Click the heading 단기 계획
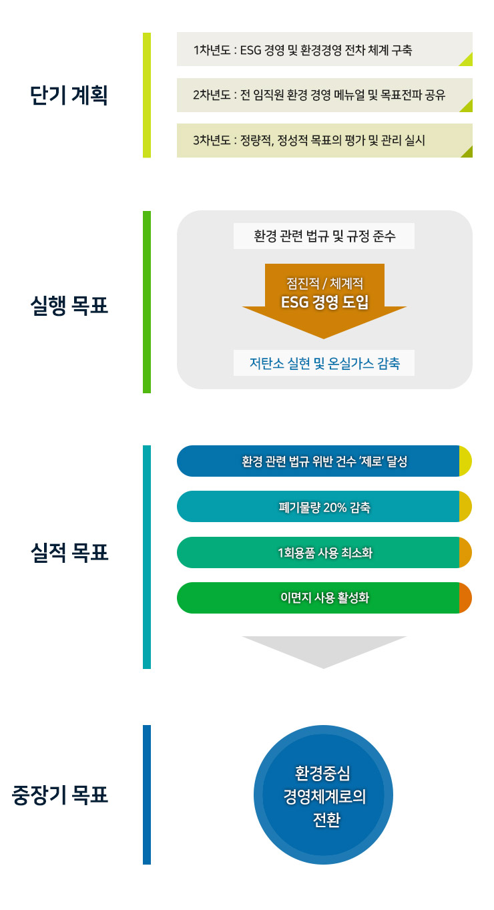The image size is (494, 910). (x=69, y=95)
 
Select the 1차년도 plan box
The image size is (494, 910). (x=324, y=49)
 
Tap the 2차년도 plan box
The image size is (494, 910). (x=324, y=95)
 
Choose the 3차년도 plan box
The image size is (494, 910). (x=324, y=141)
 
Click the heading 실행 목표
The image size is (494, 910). (x=69, y=306)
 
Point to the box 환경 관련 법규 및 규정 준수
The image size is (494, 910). (x=324, y=236)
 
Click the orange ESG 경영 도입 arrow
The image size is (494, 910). (x=324, y=301)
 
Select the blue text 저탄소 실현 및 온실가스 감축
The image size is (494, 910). (x=324, y=363)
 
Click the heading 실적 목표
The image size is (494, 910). (x=69, y=553)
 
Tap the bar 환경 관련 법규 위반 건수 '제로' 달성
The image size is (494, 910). (x=324, y=461)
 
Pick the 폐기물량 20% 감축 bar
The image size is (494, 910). (x=324, y=507)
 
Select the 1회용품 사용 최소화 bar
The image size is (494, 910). (x=324, y=553)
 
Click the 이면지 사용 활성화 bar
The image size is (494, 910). (x=324, y=598)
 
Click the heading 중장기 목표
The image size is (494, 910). (x=60, y=795)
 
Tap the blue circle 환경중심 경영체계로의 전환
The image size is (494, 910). (x=323, y=795)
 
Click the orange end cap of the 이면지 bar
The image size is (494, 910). (x=465, y=598)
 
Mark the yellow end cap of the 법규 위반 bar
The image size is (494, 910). (x=465, y=461)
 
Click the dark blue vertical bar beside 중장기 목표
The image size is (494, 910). (x=147, y=795)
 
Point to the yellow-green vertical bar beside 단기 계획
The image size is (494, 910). (x=147, y=95)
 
